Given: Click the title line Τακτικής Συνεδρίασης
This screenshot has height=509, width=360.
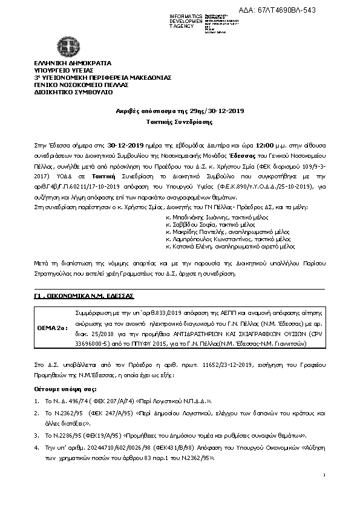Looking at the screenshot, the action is [x=180, y=122].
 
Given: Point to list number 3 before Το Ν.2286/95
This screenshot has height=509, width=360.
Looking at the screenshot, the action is [x=37, y=435].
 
